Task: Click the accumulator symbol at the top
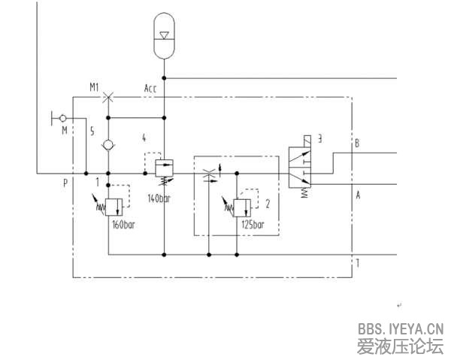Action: tap(164, 35)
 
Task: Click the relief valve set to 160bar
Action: tap(114, 204)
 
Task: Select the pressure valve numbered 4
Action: tap(164, 165)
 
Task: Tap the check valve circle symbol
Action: tap(109, 144)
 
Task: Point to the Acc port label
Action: tap(151, 89)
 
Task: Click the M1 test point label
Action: tap(95, 87)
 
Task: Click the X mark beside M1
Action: tap(109, 96)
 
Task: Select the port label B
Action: tap(357, 143)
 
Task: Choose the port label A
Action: tap(358, 195)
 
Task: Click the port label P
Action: tap(65, 182)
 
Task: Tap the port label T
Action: tap(358, 263)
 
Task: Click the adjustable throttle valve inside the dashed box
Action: tap(210, 174)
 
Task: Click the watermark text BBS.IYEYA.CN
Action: tap(401, 328)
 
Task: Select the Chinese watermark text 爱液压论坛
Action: tap(401, 346)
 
